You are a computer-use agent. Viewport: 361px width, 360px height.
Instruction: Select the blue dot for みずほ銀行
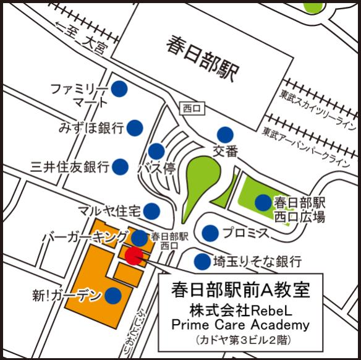pyautogui.click(x=135, y=128)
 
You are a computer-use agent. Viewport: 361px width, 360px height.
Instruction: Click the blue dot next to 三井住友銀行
pyautogui.click(x=121, y=166)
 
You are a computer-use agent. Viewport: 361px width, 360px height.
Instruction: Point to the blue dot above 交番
pyautogui.click(x=224, y=134)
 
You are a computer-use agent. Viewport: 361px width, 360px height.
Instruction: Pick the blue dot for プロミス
pyautogui.click(x=211, y=233)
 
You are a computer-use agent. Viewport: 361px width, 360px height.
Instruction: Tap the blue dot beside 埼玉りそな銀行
pyautogui.click(x=202, y=261)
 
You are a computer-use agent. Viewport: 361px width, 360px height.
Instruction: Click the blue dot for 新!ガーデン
pyautogui.click(x=113, y=295)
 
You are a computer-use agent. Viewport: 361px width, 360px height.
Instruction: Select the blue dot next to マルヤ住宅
pyautogui.click(x=151, y=211)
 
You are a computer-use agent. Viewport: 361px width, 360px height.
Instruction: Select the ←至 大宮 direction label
pyautogui.click(x=80, y=36)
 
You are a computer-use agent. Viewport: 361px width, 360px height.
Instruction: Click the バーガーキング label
pyautogui.click(x=86, y=237)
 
